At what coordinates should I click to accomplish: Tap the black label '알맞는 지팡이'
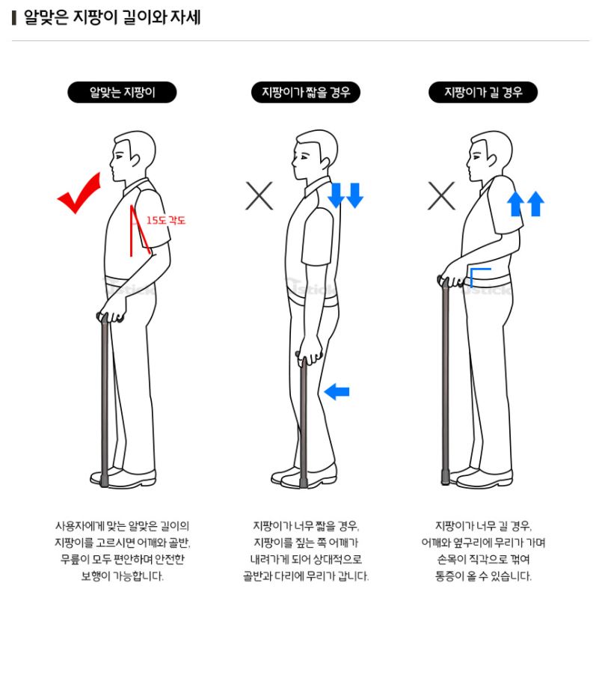point(122,93)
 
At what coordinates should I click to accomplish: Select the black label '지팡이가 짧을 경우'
point(306,93)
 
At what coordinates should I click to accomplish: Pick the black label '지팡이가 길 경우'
point(483,93)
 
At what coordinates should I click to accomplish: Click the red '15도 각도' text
point(166,220)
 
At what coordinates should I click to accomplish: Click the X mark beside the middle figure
point(259,196)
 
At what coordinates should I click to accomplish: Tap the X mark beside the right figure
point(441,196)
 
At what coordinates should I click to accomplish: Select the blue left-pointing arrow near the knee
point(337,391)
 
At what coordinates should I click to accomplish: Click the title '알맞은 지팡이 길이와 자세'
point(112,17)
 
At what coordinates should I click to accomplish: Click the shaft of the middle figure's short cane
point(304,423)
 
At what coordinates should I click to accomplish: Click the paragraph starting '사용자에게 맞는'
point(122,551)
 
